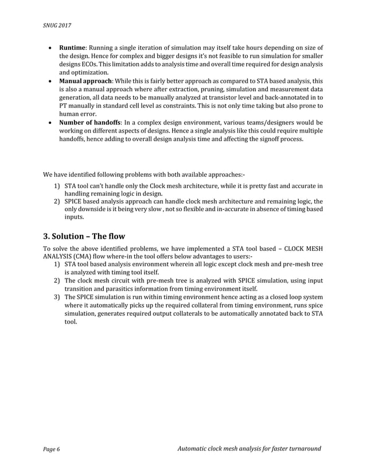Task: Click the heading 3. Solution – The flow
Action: click(x=84, y=236)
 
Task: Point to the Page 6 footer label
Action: click(x=50, y=448)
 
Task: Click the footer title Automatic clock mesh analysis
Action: click(x=250, y=448)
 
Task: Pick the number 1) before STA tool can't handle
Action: click(x=57, y=186)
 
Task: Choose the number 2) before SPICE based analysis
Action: click(x=57, y=202)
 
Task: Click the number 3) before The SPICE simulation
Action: click(x=57, y=297)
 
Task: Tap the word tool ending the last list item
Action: click(x=69, y=323)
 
